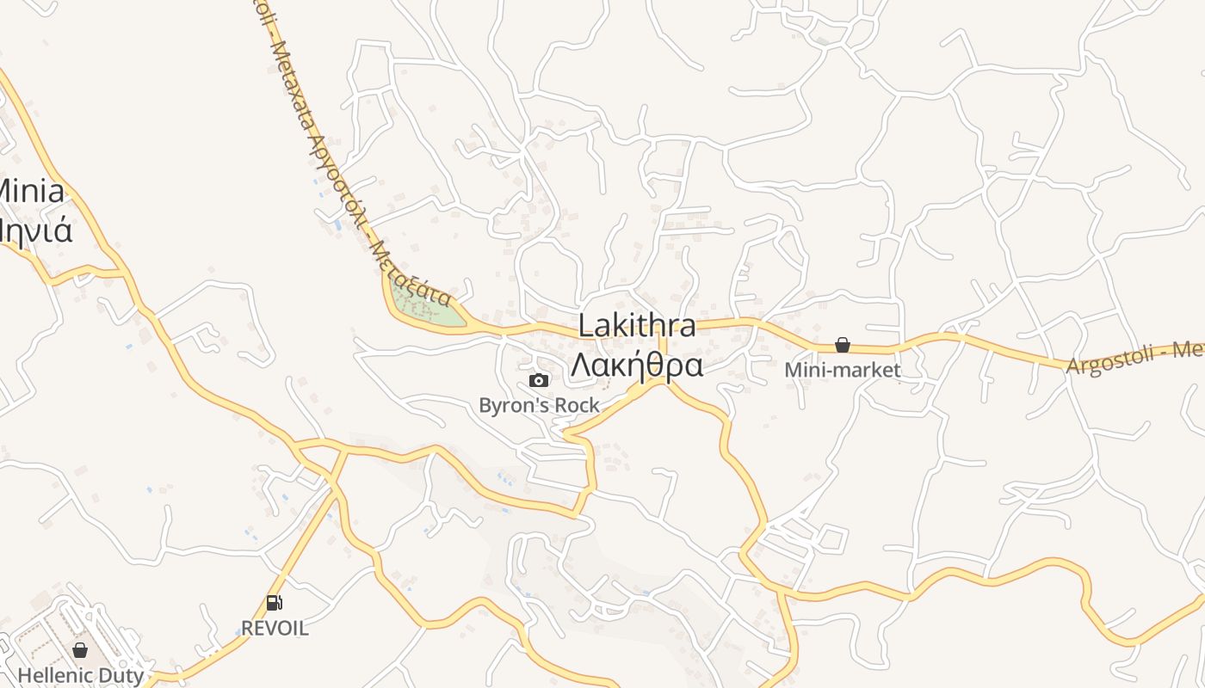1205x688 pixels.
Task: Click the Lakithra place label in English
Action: point(637,326)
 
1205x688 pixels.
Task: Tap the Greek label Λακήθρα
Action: point(637,365)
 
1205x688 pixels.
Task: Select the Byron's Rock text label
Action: point(539,405)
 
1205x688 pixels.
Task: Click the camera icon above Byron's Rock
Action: point(539,381)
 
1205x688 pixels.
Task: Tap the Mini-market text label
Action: point(843,370)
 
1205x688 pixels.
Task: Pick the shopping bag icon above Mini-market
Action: point(843,346)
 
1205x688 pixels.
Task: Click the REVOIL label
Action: point(275,628)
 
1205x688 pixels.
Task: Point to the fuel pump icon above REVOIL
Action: point(275,604)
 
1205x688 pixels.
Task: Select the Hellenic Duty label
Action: point(81,675)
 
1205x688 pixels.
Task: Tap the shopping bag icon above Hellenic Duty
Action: point(80,650)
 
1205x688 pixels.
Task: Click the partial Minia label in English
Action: point(31,191)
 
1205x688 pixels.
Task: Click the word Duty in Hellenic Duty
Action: point(121,675)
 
